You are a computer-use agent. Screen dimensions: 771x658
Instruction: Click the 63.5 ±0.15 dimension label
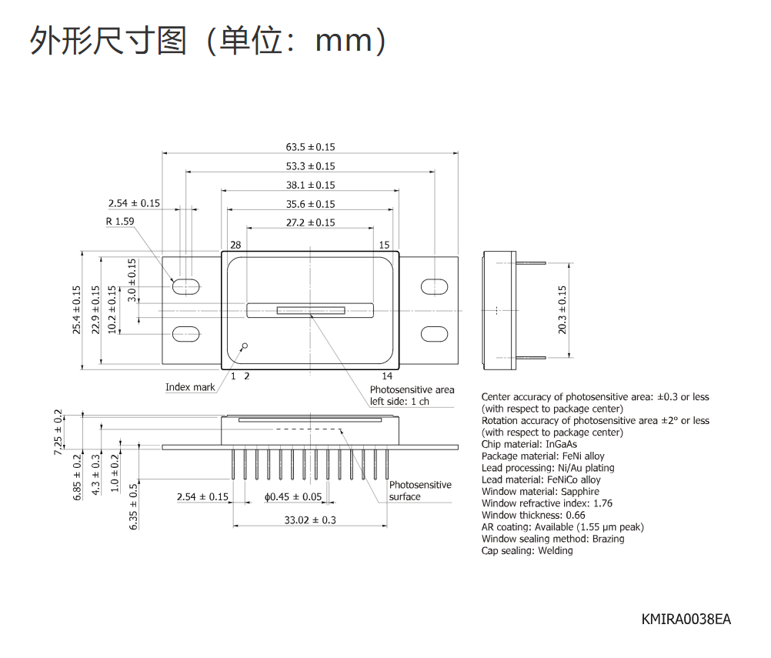click(310, 147)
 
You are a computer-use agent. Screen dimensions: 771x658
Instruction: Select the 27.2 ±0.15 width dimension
click(310, 222)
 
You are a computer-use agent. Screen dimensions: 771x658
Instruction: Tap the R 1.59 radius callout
click(120, 222)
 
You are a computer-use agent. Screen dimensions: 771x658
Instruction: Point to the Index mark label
click(190, 387)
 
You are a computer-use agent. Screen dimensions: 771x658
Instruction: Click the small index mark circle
click(245, 346)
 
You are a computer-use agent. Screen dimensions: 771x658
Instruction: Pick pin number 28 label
click(235, 245)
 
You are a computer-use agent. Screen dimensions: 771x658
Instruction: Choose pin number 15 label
click(384, 245)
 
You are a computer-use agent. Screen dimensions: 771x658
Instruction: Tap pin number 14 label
click(387, 376)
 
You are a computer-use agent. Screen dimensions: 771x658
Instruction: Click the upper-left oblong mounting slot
click(186, 286)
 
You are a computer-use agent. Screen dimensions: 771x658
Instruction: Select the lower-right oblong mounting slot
click(434, 334)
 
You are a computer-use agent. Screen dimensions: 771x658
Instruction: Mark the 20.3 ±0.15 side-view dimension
click(562, 310)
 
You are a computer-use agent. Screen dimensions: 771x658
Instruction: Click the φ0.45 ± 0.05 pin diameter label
click(293, 496)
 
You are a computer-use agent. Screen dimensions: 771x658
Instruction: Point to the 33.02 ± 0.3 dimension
click(310, 519)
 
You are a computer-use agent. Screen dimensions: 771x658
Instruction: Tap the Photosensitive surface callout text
click(420, 491)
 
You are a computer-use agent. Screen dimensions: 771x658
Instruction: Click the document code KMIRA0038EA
click(686, 620)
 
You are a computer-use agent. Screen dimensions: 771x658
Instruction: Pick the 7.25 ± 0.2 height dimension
click(58, 432)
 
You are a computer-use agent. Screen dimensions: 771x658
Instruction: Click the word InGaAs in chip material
click(562, 444)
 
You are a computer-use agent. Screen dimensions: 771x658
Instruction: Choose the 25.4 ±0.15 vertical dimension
click(76, 310)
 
